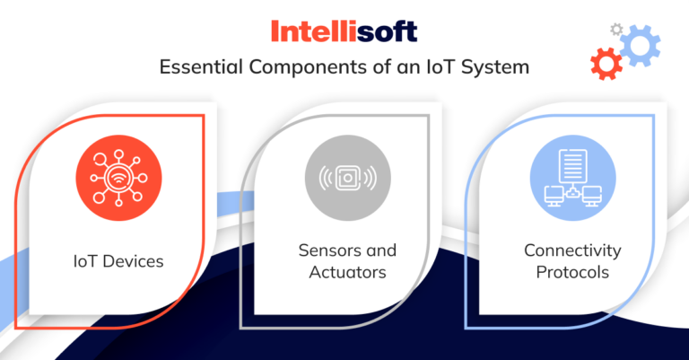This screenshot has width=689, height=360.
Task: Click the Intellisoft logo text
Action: tap(344, 32)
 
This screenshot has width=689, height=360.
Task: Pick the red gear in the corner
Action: tap(606, 64)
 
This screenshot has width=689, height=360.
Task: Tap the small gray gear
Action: tap(615, 29)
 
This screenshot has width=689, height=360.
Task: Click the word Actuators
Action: tap(346, 271)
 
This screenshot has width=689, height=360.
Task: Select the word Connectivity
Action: tap(572, 250)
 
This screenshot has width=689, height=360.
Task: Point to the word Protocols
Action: tap(572, 271)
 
